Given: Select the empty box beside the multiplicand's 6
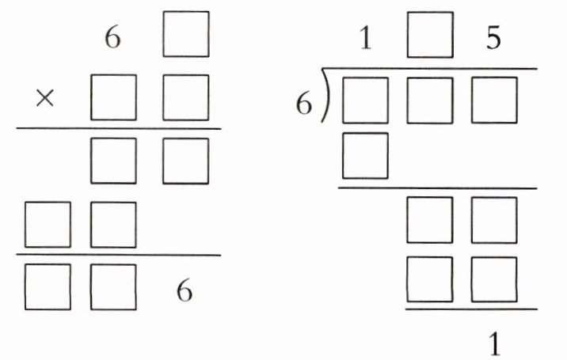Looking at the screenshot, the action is pyautogui.click(x=186, y=34).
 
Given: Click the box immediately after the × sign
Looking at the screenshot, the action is pyautogui.click(x=113, y=97).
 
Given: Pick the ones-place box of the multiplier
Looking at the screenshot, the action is pyautogui.click(x=186, y=97).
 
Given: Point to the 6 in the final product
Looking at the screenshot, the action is pyautogui.click(x=185, y=291).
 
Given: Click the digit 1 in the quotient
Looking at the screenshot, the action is pyautogui.click(x=365, y=40).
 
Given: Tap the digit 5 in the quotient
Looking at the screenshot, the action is pyautogui.click(x=493, y=40).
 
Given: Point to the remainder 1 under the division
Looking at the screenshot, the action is pyautogui.click(x=493, y=345).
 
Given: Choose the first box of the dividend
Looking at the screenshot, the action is pyautogui.click(x=365, y=100).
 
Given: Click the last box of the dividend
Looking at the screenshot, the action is pyautogui.click(x=493, y=100).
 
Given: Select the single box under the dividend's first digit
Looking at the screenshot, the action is pyautogui.click(x=365, y=155).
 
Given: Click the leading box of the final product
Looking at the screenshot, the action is pyautogui.click(x=48, y=287).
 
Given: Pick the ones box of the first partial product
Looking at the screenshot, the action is pyautogui.click(x=186, y=161).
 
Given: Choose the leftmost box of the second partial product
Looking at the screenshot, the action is pyautogui.click(x=48, y=225).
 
